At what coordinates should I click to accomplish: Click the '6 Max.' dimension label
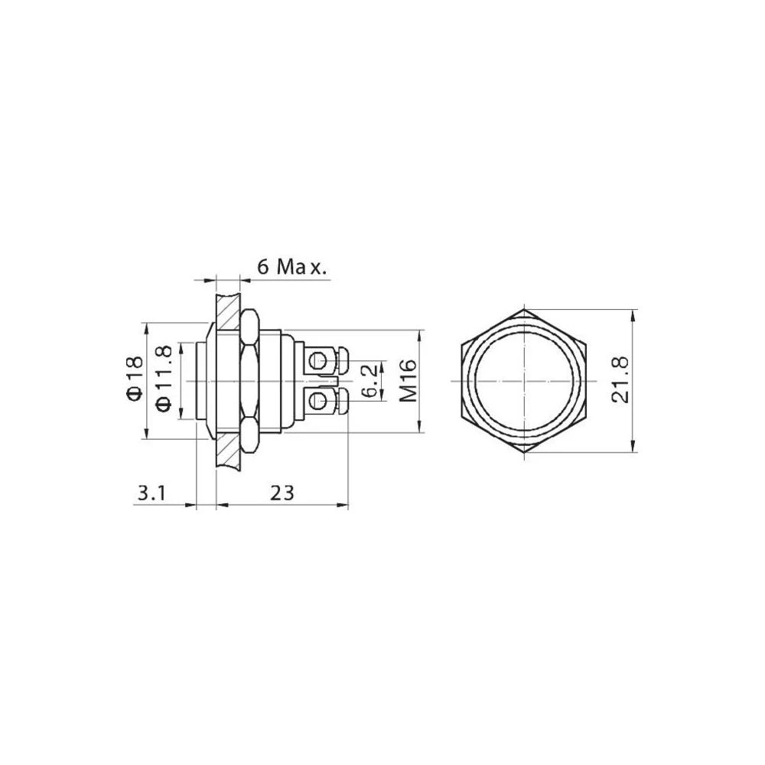(x=291, y=267)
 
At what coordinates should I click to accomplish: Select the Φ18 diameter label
(x=134, y=379)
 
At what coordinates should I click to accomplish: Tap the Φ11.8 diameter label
(x=163, y=379)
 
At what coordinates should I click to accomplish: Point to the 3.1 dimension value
(x=151, y=493)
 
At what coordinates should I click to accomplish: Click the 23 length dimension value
(x=282, y=493)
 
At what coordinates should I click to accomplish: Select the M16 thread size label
(x=407, y=380)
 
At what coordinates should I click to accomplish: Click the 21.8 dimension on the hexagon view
(x=620, y=380)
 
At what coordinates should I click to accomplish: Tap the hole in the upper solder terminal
(x=317, y=360)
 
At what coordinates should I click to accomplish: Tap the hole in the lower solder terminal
(x=317, y=400)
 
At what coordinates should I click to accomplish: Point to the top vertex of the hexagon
(x=525, y=310)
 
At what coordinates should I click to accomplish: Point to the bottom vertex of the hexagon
(x=525, y=453)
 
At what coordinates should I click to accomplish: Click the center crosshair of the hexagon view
(x=525, y=381)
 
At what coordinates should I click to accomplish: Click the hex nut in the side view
(x=249, y=380)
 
